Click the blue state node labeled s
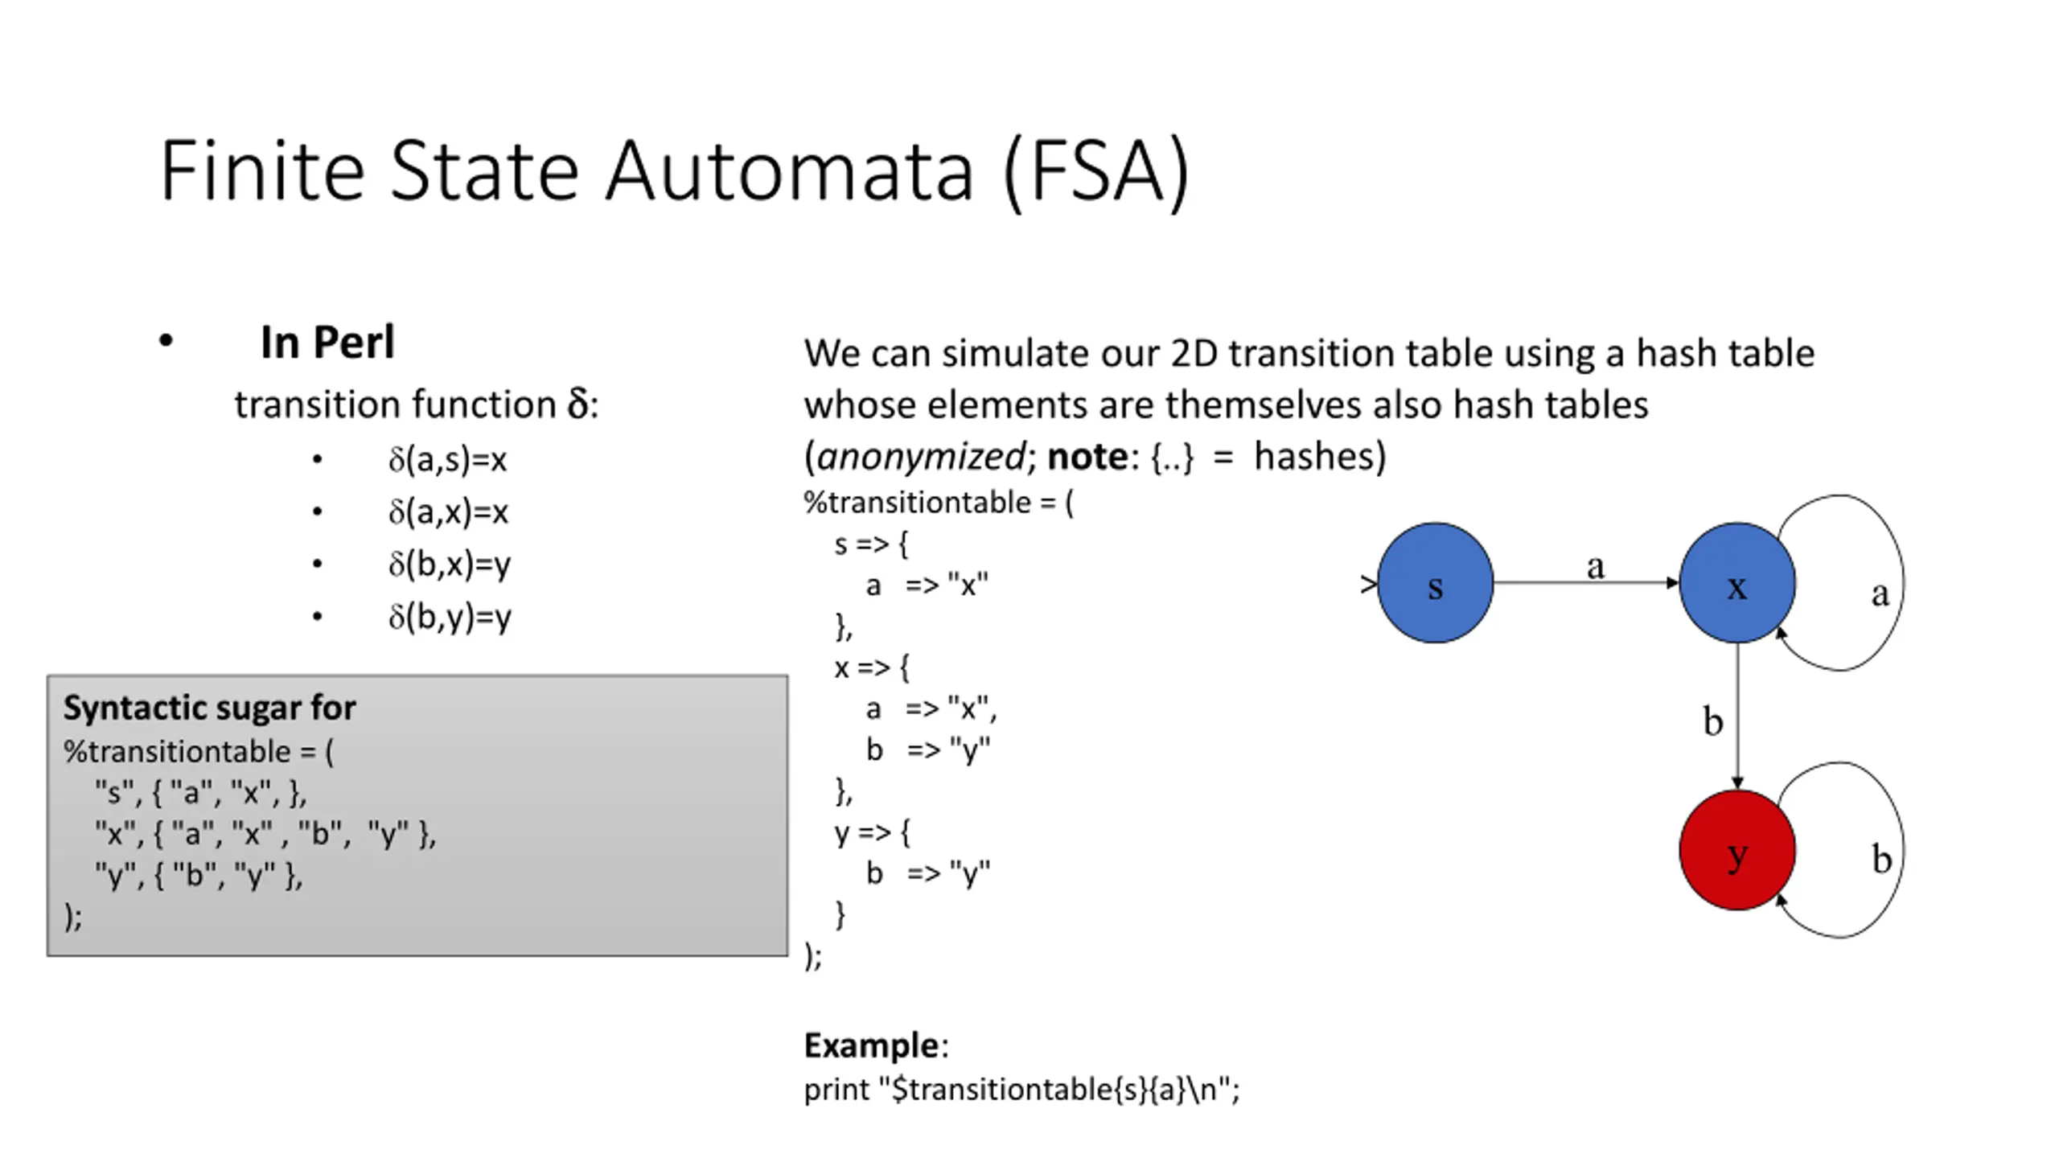pyautogui.click(x=1435, y=583)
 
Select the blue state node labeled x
pyautogui.click(x=1737, y=583)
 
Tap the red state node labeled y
pyautogui.click(x=1737, y=850)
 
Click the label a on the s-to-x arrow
pyautogui.click(x=1596, y=567)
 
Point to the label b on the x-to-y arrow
pyautogui.click(x=1713, y=721)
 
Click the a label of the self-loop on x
pyautogui.click(x=1880, y=594)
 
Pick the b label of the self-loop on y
pyautogui.click(x=1881, y=860)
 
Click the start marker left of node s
pyautogui.click(x=1368, y=585)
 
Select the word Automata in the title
pyautogui.click(x=789, y=171)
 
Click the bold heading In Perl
pyautogui.click(x=327, y=343)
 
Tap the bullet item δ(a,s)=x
pyautogui.click(x=448, y=460)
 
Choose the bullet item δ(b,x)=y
pyautogui.click(x=450, y=565)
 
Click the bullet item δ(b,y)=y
pyautogui.click(x=450, y=618)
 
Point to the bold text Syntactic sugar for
pyautogui.click(x=209, y=708)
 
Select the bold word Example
pyautogui.click(x=871, y=1045)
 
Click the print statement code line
pyautogui.click(x=1021, y=1090)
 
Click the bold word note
pyautogui.click(x=1087, y=457)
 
